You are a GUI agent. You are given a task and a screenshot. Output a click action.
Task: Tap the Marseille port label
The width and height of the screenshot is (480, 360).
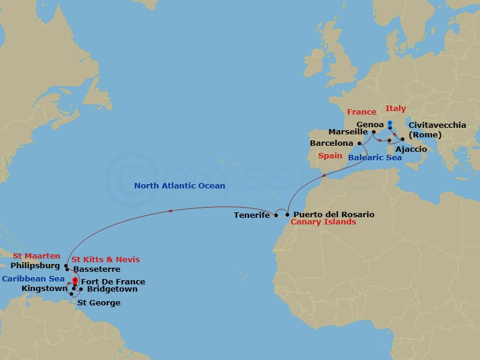(348, 132)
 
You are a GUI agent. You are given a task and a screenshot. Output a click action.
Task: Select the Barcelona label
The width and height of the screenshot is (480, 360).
(331, 144)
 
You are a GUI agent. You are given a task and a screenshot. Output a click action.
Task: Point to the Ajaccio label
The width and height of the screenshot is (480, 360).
(412, 149)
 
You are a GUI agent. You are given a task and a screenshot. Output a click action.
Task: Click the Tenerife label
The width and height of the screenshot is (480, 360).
(252, 215)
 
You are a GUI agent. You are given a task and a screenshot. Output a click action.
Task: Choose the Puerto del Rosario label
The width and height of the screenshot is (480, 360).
(334, 214)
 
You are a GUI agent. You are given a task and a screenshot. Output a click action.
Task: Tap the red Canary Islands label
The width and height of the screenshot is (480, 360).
(323, 222)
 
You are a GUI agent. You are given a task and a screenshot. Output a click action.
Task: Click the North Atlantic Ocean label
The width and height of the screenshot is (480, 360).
(180, 186)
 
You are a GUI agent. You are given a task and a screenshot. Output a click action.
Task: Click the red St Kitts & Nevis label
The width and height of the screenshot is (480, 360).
(106, 259)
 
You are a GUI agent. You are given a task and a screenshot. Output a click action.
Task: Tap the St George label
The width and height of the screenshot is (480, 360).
(99, 303)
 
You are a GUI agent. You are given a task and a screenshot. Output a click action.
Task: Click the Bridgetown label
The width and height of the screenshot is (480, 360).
(112, 289)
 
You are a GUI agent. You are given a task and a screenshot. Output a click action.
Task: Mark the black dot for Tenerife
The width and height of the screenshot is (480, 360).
(276, 215)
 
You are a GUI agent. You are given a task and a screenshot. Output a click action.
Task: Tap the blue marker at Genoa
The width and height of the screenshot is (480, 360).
(390, 124)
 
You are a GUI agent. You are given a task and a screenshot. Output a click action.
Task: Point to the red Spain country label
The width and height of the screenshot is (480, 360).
(330, 155)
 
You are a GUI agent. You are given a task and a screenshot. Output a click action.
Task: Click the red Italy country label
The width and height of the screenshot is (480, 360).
(395, 109)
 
